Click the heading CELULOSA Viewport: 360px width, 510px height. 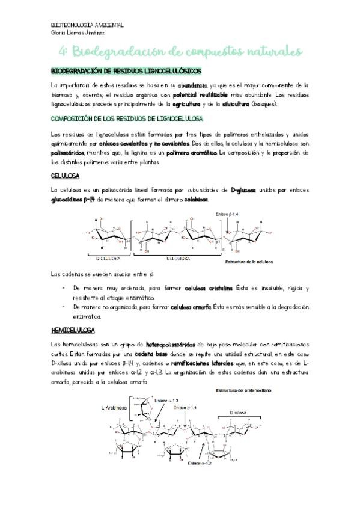point(66,176)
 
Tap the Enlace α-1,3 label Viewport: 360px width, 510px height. point(166,400)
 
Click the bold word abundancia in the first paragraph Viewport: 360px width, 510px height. point(191,86)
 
